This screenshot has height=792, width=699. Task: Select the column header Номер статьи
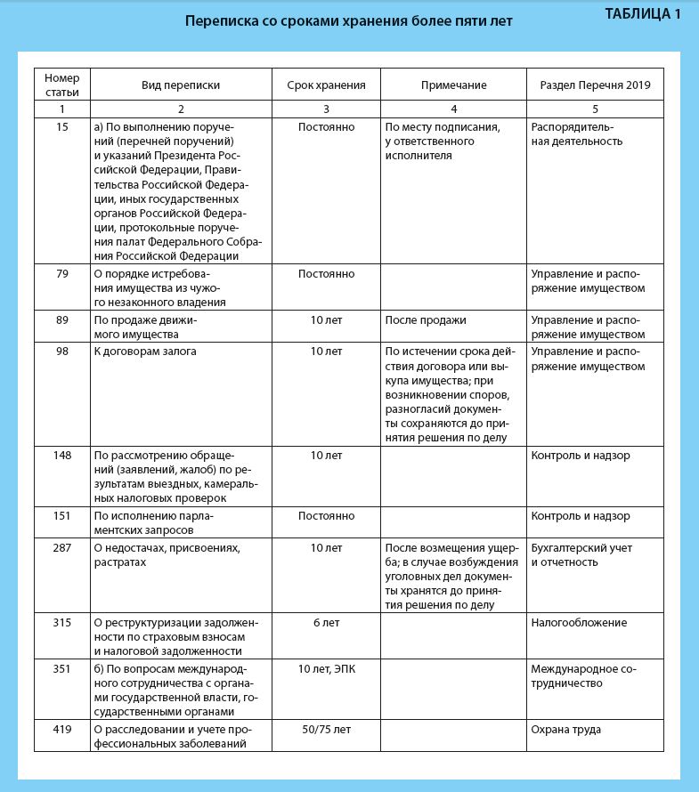pyautogui.click(x=61, y=85)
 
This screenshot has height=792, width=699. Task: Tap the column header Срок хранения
pyautogui.click(x=326, y=85)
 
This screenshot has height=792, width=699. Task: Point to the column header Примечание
pyautogui.click(x=453, y=85)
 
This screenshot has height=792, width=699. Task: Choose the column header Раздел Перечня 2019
pyautogui.click(x=595, y=85)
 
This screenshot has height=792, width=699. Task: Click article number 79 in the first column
pyautogui.click(x=61, y=273)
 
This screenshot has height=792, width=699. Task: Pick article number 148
pyautogui.click(x=61, y=455)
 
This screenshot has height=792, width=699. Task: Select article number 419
pyautogui.click(x=61, y=729)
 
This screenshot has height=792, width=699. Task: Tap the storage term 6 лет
pyautogui.click(x=326, y=622)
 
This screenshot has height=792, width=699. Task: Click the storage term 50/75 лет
pyautogui.click(x=326, y=729)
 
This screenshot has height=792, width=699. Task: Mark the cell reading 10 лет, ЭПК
pyautogui.click(x=326, y=668)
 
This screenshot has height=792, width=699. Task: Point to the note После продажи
pyautogui.click(x=425, y=319)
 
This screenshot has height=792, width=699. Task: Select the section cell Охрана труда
pyautogui.click(x=565, y=729)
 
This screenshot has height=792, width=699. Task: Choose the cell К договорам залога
pyautogui.click(x=145, y=352)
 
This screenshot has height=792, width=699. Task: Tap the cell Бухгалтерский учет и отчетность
pyautogui.click(x=581, y=555)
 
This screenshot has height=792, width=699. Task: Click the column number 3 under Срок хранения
pyautogui.click(x=326, y=109)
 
